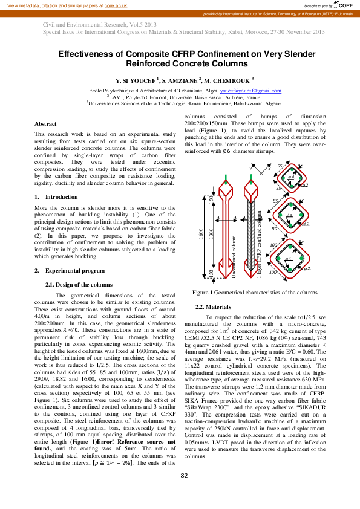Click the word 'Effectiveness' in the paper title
(x=87, y=54)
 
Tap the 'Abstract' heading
(x=46, y=123)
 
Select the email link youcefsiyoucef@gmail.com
(x=250, y=91)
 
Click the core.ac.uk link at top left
(x=113, y=4)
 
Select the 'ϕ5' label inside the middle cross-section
(x=289, y=216)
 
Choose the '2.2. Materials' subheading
(x=209, y=306)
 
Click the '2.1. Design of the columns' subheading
(x=79, y=284)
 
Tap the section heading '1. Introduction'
(x=52, y=197)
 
